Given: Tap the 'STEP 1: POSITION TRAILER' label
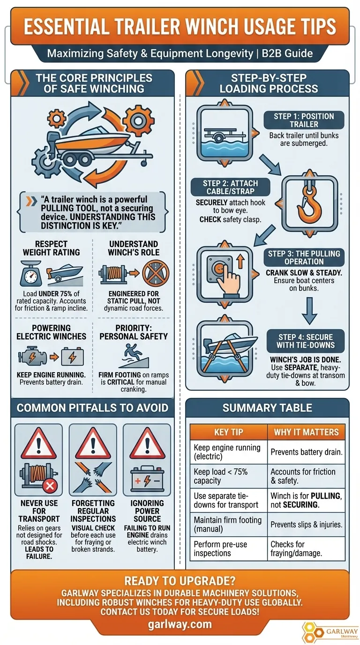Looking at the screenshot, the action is click(x=304, y=120).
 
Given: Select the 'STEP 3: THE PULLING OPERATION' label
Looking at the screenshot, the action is click(x=304, y=257).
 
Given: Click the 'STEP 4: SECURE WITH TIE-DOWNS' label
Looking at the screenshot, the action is click(x=306, y=341).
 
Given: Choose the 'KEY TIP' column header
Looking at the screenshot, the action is click(x=228, y=432).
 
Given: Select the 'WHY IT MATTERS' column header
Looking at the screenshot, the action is click(x=306, y=432).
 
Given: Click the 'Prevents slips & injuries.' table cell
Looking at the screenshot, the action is click(x=306, y=525).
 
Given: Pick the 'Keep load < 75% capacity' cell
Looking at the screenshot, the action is click(x=228, y=476).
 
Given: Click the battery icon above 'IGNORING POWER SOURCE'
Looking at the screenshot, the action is click(x=147, y=480).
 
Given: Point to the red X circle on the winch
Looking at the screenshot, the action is click(x=50, y=487).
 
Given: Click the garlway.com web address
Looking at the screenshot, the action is click(x=180, y=624).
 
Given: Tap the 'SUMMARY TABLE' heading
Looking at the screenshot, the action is click(x=267, y=408).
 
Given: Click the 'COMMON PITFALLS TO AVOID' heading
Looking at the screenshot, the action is click(x=92, y=408).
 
